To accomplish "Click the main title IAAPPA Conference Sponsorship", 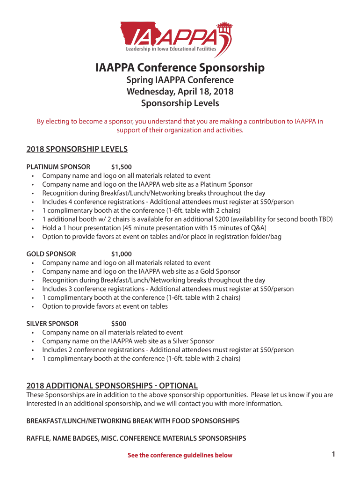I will pyautogui.click(x=180, y=68).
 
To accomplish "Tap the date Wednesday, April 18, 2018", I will pyautogui.click(x=180, y=91).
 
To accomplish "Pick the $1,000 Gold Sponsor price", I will pyautogui.click(x=122, y=254).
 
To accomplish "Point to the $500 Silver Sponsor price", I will pyautogui.click(x=119, y=324).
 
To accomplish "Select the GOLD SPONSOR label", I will pyautogui.click(x=51, y=254).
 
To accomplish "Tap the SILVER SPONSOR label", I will pyautogui.click(x=52, y=324).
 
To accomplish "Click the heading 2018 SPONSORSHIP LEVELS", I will pyautogui.click(x=77, y=149).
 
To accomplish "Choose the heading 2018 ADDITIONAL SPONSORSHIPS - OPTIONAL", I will pyautogui.click(x=112, y=386).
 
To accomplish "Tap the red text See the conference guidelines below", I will pyautogui.click(x=180, y=455).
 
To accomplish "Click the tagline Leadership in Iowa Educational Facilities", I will pyautogui.click(x=171, y=49).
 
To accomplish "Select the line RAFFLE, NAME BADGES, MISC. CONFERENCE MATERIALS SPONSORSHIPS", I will pyautogui.click(x=136, y=438).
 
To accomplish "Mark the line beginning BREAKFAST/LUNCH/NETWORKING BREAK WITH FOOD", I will pyautogui.click(x=133, y=421).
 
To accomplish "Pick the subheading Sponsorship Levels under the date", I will pyautogui.click(x=180, y=103).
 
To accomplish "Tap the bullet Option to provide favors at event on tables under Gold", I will pyautogui.click(x=105, y=306).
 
